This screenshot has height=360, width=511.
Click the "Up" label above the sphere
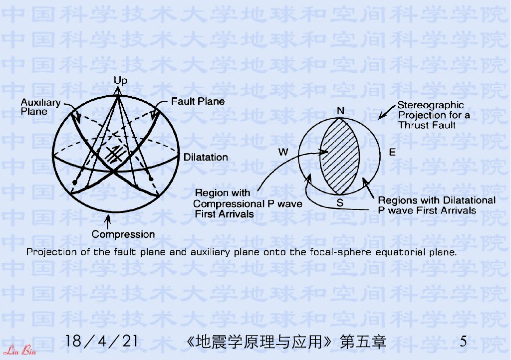(x=120, y=81)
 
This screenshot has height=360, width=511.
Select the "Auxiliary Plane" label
(x=40, y=107)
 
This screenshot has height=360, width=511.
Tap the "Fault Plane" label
(x=198, y=101)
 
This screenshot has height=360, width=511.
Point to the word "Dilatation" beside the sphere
(x=206, y=157)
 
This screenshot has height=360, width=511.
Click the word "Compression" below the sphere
(x=123, y=234)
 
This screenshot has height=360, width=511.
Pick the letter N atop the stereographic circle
(x=340, y=111)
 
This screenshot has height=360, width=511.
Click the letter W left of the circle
(x=283, y=153)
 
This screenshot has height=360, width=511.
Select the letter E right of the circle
(x=392, y=153)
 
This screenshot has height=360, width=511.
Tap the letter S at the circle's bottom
(x=340, y=202)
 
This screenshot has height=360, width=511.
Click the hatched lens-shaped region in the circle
(x=340, y=155)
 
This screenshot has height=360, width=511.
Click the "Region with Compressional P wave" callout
(x=248, y=203)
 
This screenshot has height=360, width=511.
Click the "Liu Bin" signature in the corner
(x=17, y=348)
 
